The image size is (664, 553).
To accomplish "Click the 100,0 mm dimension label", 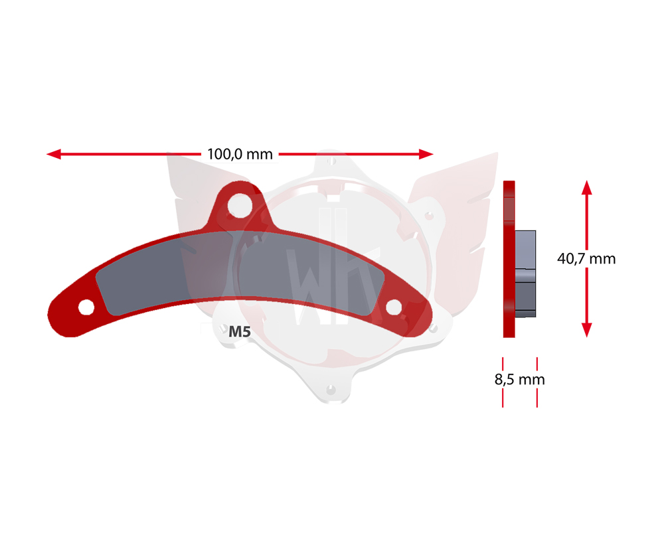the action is click(240, 154).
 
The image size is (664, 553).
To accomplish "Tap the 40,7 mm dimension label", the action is click(586, 258).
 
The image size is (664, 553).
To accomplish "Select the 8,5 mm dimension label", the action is click(520, 379).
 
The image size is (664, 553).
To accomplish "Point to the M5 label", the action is click(240, 331).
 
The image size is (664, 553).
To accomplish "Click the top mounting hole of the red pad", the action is click(240, 206).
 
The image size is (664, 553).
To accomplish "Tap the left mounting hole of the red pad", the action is click(86, 307).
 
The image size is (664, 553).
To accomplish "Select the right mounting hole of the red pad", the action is click(394, 307).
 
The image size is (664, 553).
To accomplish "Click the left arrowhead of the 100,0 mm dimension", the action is click(54, 154).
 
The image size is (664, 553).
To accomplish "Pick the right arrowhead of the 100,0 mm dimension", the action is click(426, 154).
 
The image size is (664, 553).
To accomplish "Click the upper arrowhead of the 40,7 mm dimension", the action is click(586, 187).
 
